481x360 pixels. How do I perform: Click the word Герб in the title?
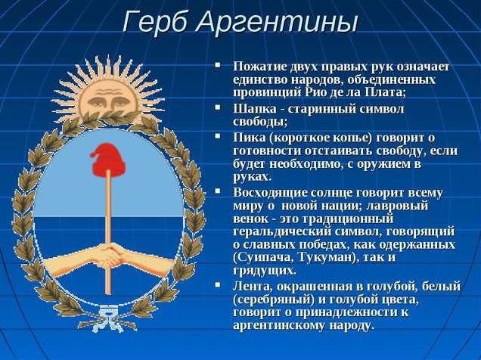pyautogui.click(x=154, y=23)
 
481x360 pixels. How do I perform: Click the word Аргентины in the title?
pyautogui.click(x=276, y=23)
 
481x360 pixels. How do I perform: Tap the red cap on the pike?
pyautogui.click(x=108, y=157)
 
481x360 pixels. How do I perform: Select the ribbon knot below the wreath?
pyautogui.click(x=107, y=318)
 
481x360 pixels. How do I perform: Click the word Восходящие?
pyautogui.click(x=269, y=193)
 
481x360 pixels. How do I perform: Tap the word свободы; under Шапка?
pyautogui.click(x=260, y=122)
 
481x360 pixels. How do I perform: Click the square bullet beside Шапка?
pyautogui.click(x=218, y=107)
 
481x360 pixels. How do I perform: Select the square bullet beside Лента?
pyautogui.click(x=218, y=285)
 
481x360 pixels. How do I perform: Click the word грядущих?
pyautogui.click(x=265, y=271)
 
